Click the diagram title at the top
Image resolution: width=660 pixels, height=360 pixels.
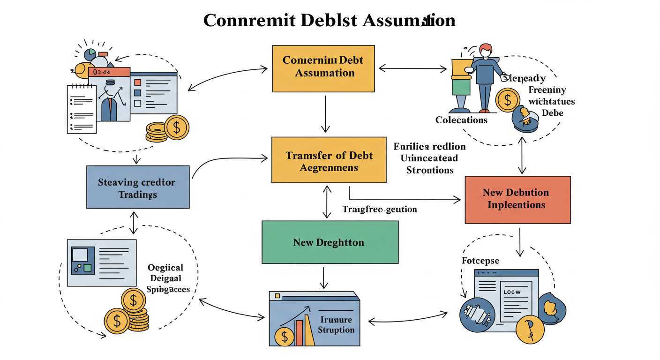[x=329, y=21]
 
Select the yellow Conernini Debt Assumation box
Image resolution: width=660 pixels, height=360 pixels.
[x=323, y=68]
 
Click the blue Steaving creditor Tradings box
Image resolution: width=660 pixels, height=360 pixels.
[x=138, y=187]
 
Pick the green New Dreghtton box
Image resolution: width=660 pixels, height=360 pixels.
[x=330, y=242]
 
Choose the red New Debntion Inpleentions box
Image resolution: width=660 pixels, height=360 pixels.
[x=517, y=199]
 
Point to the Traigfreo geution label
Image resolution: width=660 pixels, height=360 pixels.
[x=379, y=209]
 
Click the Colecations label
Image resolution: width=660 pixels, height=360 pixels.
[x=461, y=120]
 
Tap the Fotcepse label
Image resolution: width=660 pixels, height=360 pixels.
[x=480, y=261]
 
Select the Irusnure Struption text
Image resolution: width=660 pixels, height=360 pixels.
[x=336, y=324]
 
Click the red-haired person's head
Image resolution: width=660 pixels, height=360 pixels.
[x=486, y=50]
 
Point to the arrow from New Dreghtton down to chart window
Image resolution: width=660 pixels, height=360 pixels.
[x=323, y=278]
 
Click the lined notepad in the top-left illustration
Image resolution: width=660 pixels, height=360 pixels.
[x=82, y=108]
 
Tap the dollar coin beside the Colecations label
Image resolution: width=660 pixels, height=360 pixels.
[x=507, y=100]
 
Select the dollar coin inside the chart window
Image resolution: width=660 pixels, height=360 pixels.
[x=284, y=336]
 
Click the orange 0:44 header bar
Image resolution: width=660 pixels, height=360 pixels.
[x=109, y=72]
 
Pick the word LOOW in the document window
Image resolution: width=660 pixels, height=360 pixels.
[x=511, y=292]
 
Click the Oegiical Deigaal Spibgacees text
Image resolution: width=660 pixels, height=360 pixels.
[x=167, y=278]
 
